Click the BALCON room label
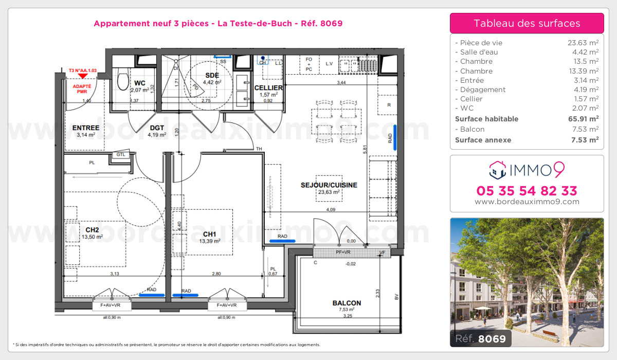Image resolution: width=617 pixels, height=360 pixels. click(347, 303)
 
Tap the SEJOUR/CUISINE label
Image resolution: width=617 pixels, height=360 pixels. click(329, 185)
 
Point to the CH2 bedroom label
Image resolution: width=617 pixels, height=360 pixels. click(93, 230)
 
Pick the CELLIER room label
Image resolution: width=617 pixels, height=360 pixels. click(268, 88)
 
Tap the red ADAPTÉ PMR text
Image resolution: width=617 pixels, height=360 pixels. click(82, 89)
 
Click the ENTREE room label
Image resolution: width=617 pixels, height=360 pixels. click(86, 128)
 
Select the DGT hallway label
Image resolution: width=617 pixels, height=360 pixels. click(157, 128)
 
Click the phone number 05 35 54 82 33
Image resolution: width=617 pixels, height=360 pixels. click(527, 191)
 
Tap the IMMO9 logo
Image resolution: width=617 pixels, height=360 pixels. click(527, 168)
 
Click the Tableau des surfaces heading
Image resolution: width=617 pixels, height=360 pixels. click(527, 23)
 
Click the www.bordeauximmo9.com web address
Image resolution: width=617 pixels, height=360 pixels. click(527, 202)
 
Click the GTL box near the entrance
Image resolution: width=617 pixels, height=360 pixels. click(121, 154)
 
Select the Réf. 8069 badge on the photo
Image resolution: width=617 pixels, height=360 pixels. click(480, 338)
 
